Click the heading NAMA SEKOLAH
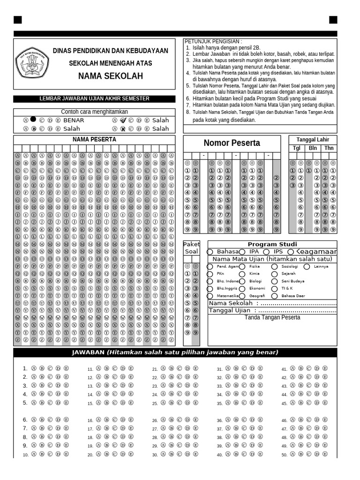coord(110,76)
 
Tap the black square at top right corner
coord(333,20)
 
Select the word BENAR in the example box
coord(74,120)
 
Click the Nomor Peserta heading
coord(232,143)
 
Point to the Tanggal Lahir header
coord(313,140)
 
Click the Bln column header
coord(313,148)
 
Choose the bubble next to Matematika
coord(210,296)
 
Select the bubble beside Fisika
coord(242,267)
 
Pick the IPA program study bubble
coord(242,252)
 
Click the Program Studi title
coord(272,244)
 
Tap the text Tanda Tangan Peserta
coord(272,318)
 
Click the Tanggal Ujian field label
coord(230,310)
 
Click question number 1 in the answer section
coord(25,368)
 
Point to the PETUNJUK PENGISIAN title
coord(213,41)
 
